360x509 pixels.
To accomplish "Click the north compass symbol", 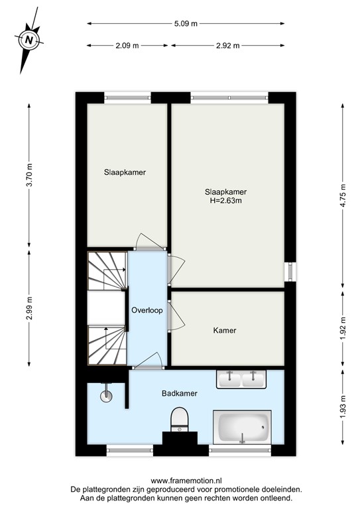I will click(29, 40).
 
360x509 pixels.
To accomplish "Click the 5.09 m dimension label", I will click(186, 24).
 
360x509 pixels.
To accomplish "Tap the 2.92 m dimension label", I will click(227, 46).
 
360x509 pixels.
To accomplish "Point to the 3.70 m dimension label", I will click(29, 174).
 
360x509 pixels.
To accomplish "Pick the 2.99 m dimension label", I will click(29, 308).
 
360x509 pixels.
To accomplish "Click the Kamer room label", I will click(225, 330).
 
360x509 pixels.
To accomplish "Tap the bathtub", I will click(242, 429).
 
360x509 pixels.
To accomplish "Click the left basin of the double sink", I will click(230, 379).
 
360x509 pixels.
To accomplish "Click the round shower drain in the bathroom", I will click(105, 396).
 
